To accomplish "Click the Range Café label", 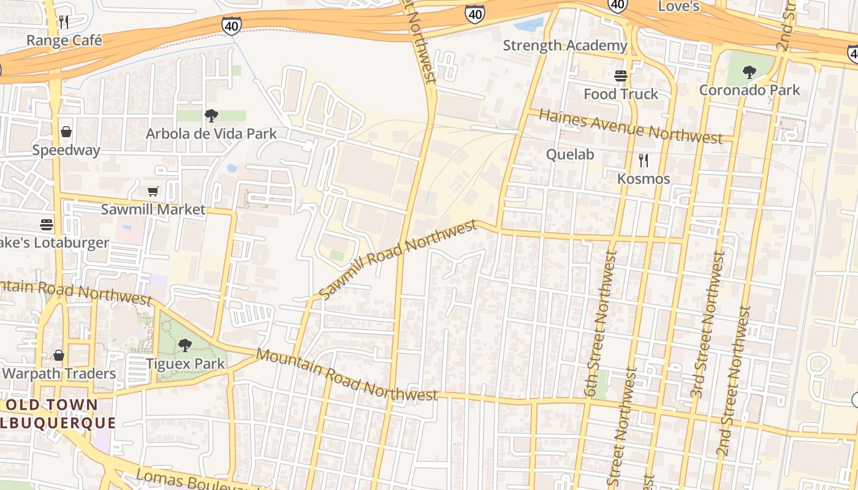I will [64, 40].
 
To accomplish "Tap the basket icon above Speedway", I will [66, 132].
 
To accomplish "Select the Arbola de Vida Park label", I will [211, 134].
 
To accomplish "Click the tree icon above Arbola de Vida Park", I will [211, 115].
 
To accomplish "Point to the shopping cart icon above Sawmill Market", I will [153, 192].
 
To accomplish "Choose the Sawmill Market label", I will [153, 209].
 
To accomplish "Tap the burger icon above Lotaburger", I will [47, 224].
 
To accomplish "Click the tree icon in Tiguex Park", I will [184, 345].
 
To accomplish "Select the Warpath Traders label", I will [59, 374].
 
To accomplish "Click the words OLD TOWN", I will [51, 405].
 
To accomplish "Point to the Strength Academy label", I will [565, 45].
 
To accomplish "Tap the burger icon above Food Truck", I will [621, 76].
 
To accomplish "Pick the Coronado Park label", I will [750, 90].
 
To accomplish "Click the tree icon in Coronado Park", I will [749, 72].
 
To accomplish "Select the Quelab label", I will [570, 154].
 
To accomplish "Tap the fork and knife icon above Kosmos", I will [643, 160].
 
